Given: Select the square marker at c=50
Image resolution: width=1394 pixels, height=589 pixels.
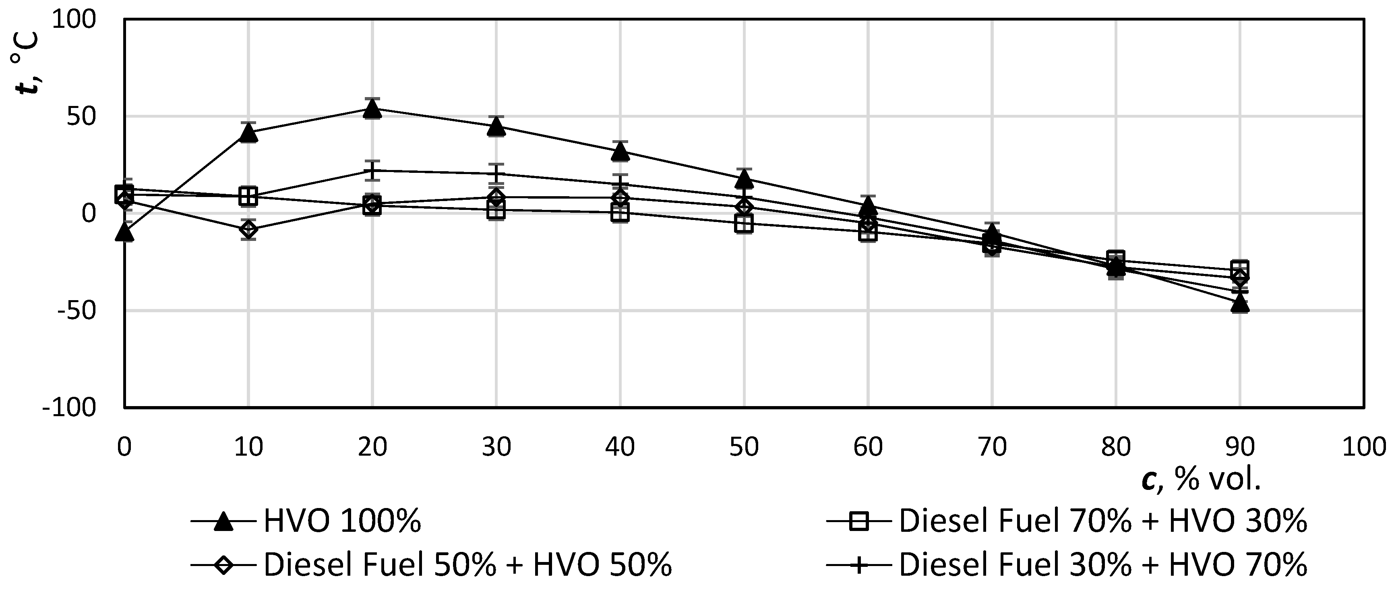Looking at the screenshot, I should [x=744, y=223].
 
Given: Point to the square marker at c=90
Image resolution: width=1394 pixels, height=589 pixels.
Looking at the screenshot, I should [x=1240, y=268].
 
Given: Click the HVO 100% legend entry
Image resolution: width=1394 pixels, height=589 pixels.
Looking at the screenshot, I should [x=306, y=522].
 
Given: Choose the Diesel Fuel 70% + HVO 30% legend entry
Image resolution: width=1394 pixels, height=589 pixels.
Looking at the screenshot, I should [x=1066, y=522].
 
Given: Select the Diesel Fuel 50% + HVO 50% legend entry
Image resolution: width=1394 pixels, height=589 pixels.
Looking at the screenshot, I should [x=431, y=565].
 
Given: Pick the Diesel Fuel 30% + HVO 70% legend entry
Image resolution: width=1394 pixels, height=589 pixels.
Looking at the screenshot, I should [x=1066, y=565].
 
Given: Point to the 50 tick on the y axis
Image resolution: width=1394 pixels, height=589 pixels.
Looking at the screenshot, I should [x=81, y=117].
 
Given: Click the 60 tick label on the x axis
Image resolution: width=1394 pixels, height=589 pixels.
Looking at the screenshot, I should [x=868, y=447].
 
